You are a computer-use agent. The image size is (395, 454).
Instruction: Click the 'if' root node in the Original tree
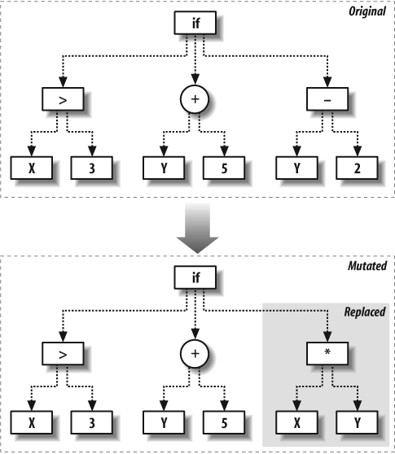click(x=195, y=23)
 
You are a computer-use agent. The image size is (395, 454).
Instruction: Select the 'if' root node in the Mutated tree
click(x=195, y=277)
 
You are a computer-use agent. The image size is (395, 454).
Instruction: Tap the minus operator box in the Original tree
click(x=327, y=99)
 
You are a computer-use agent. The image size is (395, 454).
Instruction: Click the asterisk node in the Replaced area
click(x=327, y=354)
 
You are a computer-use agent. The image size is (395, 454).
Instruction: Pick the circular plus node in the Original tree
click(x=195, y=99)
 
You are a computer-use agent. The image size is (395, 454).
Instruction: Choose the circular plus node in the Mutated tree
click(x=195, y=354)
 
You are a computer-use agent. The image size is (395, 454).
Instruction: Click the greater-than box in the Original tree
click(x=63, y=99)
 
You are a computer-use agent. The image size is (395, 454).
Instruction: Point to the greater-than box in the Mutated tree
click(x=63, y=354)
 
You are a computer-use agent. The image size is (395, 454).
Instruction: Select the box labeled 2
click(x=357, y=168)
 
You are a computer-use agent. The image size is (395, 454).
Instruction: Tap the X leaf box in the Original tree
click(x=32, y=168)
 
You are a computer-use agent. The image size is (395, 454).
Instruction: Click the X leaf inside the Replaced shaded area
click(x=296, y=422)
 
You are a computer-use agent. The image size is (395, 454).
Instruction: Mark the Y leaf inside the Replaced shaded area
click(x=357, y=422)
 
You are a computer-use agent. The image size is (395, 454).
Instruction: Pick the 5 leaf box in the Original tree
click(x=224, y=168)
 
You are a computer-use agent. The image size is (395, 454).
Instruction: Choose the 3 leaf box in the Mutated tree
click(x=92, y=422)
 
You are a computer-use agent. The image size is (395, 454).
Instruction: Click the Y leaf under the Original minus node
click(x=296, y=168)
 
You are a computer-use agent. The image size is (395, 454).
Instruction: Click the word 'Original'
click(x=367, y=11)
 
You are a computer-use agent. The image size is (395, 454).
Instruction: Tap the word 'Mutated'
click(x=367, y=266)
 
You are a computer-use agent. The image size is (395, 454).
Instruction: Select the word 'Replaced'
click(x=365, y=312)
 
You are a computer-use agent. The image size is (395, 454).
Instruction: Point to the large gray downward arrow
click(x=197, y=228)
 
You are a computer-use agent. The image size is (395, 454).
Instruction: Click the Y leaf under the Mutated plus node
click(x=164, y=422)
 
